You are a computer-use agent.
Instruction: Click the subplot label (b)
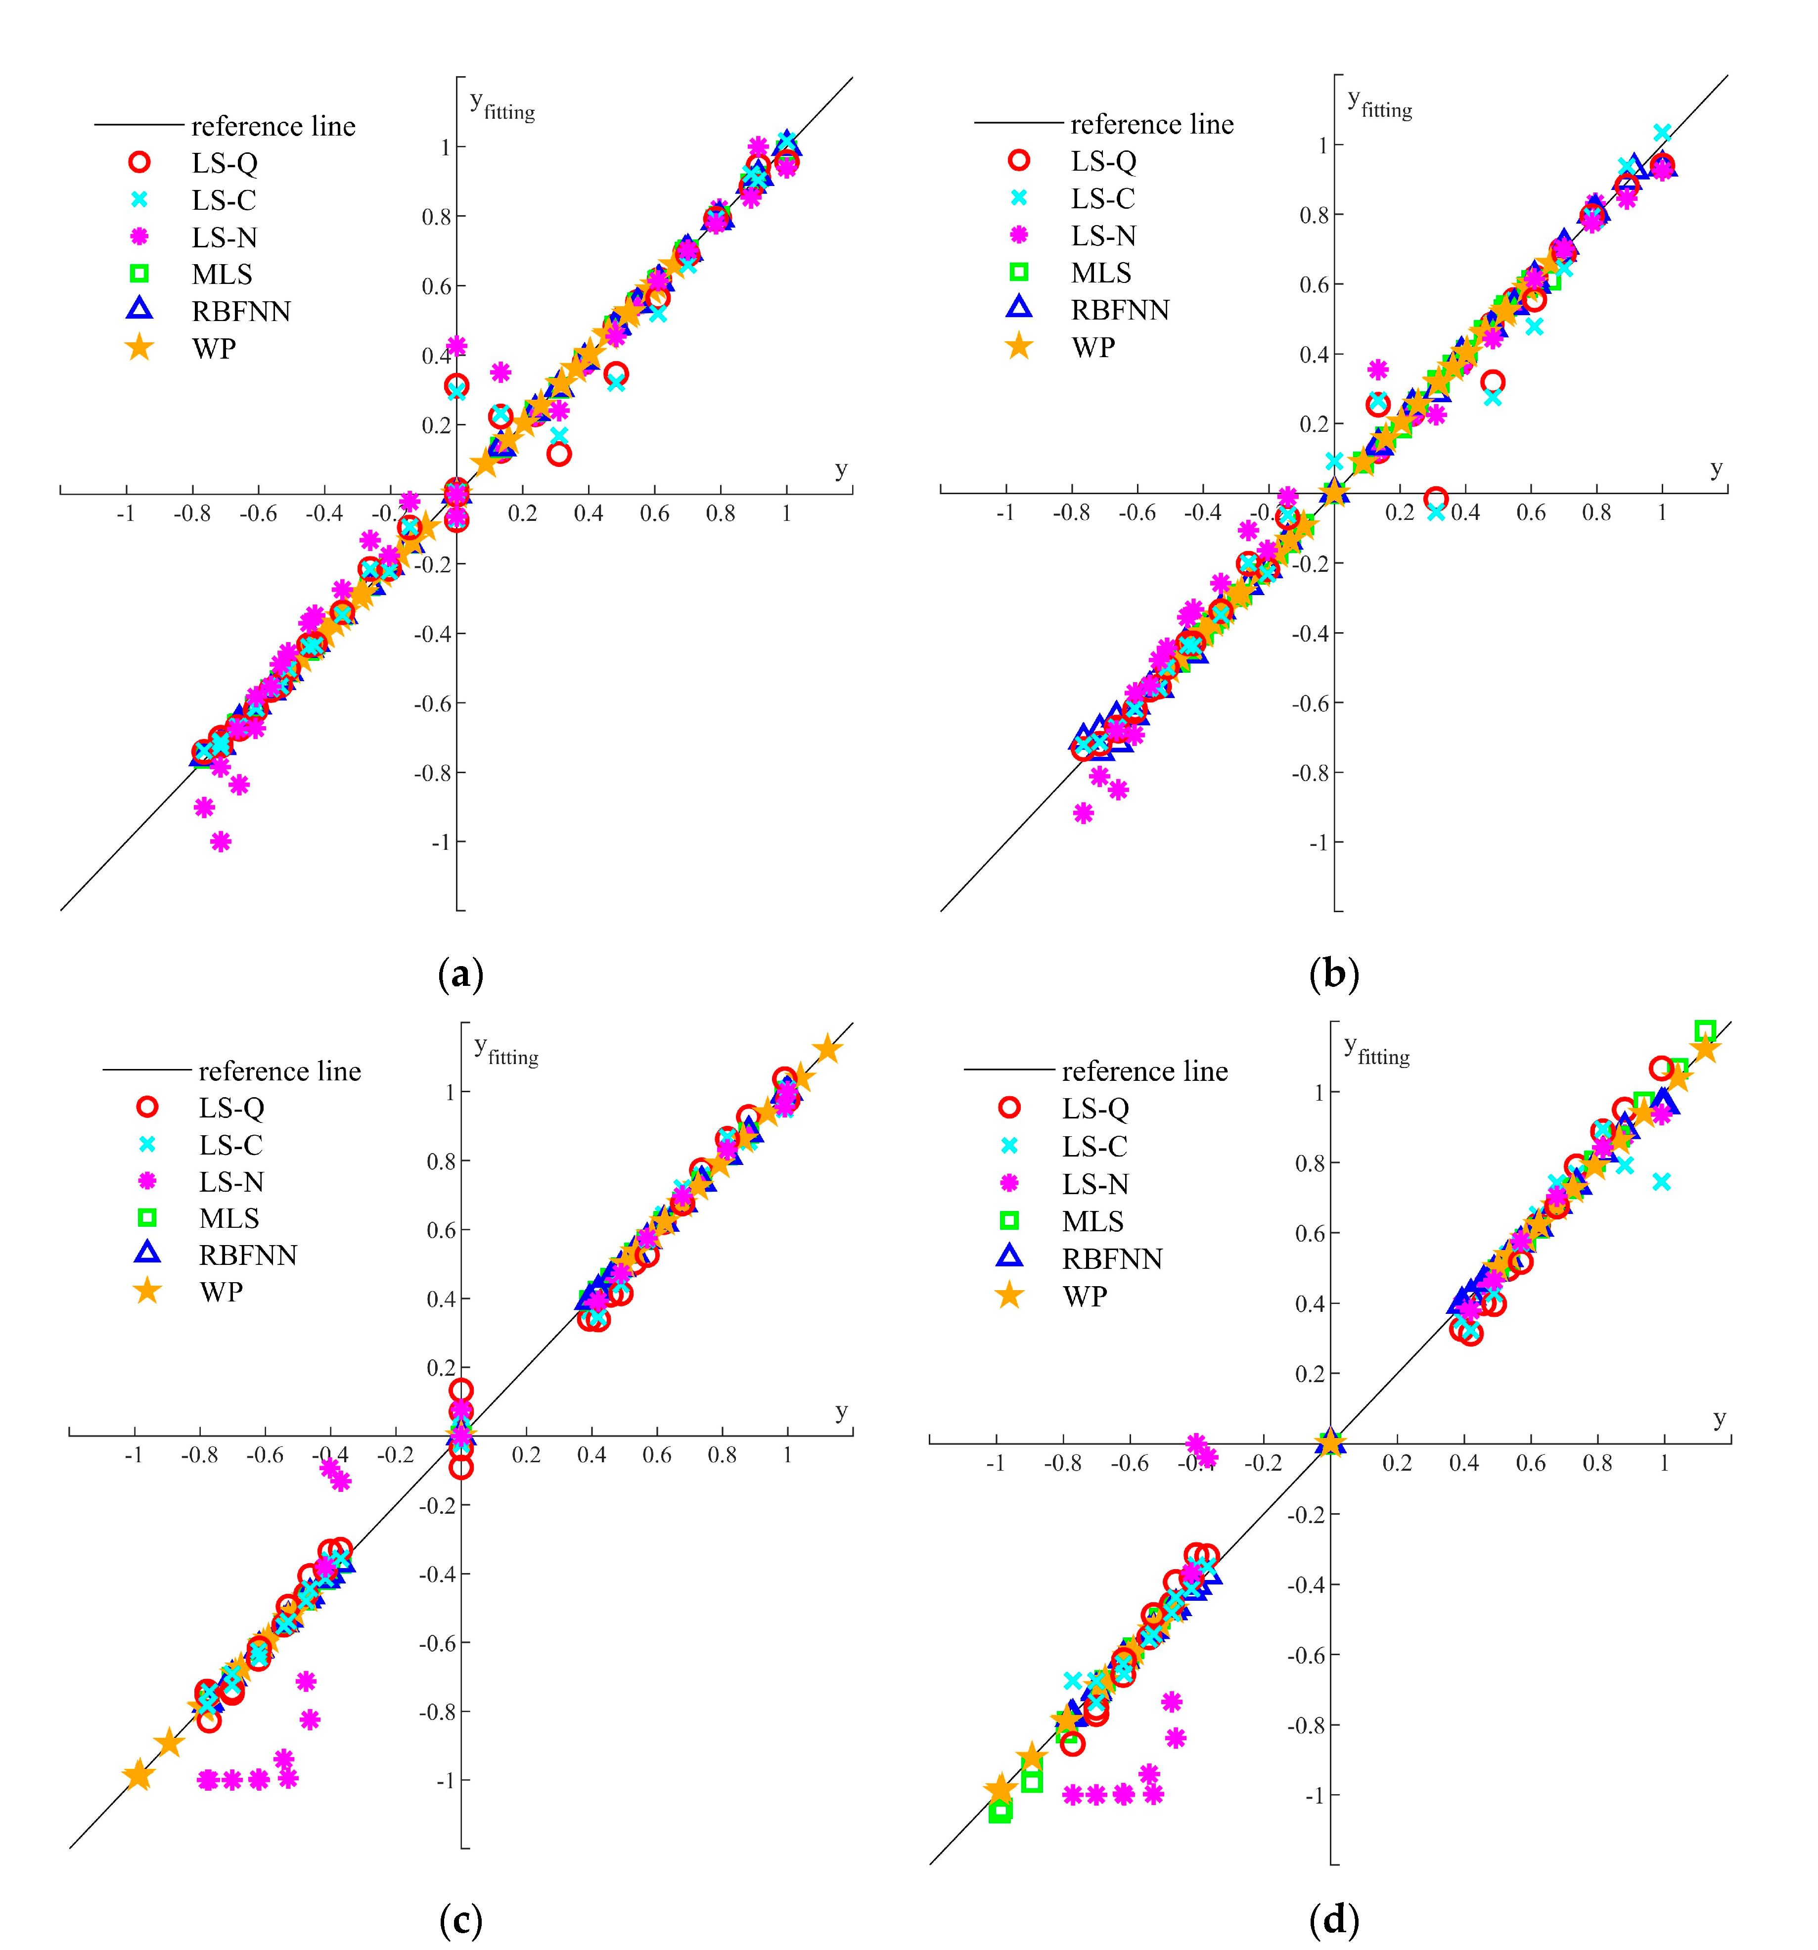pos(1334,974)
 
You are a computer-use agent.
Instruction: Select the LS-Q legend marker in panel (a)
pos(139,163)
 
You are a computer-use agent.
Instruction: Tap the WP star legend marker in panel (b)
pos(1019,346)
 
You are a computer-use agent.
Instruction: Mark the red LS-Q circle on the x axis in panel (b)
pos(1436,498)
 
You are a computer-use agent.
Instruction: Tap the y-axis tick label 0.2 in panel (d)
pos(1310,1374)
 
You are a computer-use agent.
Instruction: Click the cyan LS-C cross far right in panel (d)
pos(1661,1182)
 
